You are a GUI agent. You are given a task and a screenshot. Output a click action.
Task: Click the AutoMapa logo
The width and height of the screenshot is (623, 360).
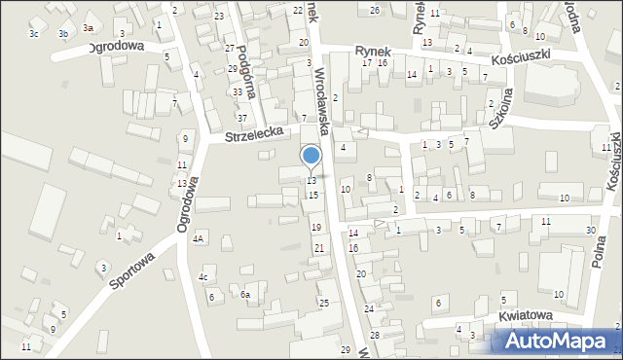coord(561,341)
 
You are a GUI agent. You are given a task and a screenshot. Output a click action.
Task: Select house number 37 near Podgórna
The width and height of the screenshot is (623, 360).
coord(242,118)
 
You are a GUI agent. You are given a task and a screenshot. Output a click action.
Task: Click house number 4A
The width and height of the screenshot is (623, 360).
coord(199,237)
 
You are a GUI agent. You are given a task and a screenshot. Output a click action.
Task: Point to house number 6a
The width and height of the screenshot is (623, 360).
coord(246,295)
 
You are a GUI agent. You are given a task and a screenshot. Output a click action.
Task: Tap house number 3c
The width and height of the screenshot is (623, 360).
coord(34,34)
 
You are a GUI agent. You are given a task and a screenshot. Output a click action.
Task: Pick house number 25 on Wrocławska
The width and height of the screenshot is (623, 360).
coord(323,304)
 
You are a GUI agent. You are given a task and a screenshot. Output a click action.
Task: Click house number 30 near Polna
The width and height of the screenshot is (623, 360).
coord(591,230)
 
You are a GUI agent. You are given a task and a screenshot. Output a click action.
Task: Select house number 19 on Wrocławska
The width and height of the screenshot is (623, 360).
coord(315,227)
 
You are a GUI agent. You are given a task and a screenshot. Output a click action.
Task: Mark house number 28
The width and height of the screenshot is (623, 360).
coord(374,335)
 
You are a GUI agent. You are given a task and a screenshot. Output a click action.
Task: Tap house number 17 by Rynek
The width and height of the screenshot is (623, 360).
coord(367,62)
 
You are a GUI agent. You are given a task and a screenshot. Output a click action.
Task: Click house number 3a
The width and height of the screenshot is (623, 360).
coord(89,27)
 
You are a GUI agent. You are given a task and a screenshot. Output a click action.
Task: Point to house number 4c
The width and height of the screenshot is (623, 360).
coord(203,277)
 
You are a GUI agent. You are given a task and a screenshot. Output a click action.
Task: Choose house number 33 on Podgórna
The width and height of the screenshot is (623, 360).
coord(238,91)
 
